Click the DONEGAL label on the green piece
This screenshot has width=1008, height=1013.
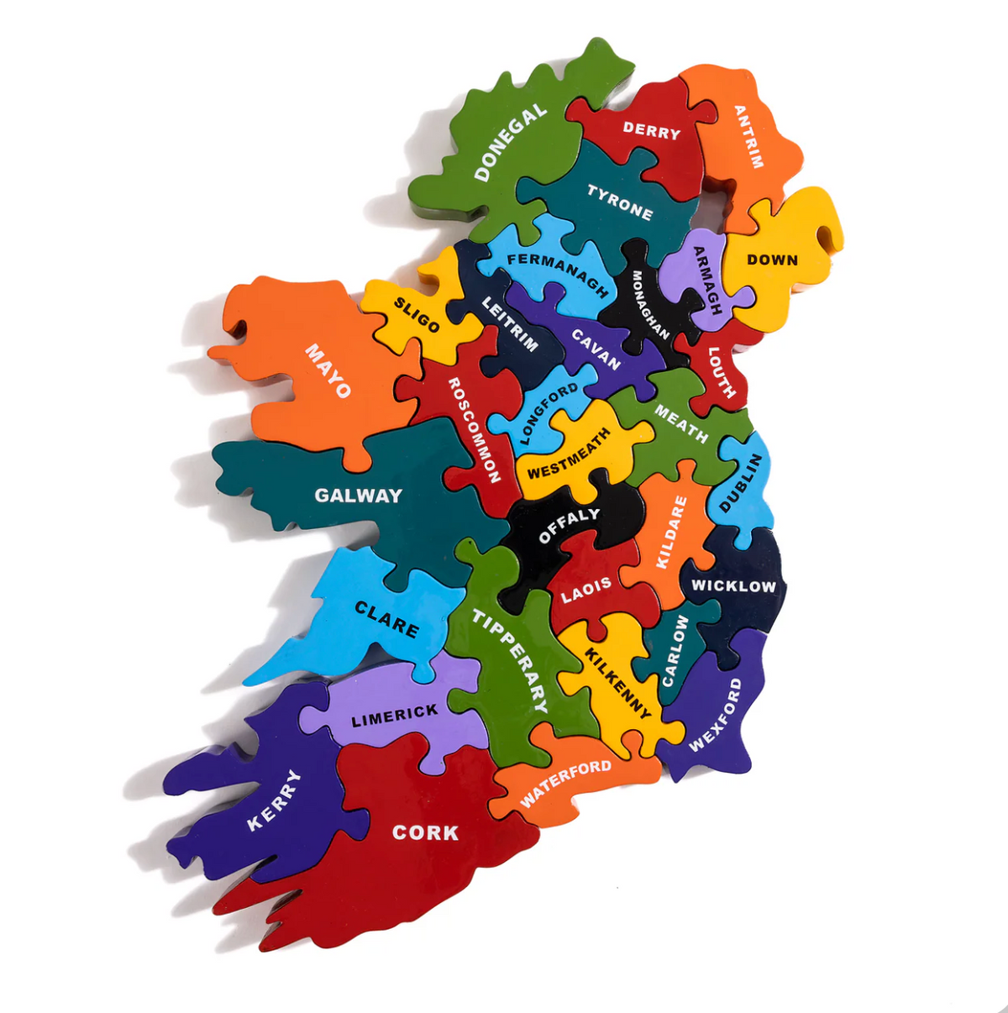511,143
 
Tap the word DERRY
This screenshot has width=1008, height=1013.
651,130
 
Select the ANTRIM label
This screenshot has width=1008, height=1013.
748,136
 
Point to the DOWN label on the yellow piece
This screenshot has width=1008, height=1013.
772,260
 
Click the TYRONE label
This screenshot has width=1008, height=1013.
620,203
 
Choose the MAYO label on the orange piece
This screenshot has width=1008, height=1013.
328,370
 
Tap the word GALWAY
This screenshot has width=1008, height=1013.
359,496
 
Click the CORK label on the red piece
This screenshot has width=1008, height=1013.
426,832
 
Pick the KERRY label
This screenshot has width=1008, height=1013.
274,800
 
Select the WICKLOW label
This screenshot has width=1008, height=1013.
733,585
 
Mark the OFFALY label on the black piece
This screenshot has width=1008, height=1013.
569,525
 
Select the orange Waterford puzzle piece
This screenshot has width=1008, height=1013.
565,781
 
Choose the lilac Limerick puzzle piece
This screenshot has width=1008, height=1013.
395,714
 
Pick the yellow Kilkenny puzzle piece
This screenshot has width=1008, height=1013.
617,680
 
